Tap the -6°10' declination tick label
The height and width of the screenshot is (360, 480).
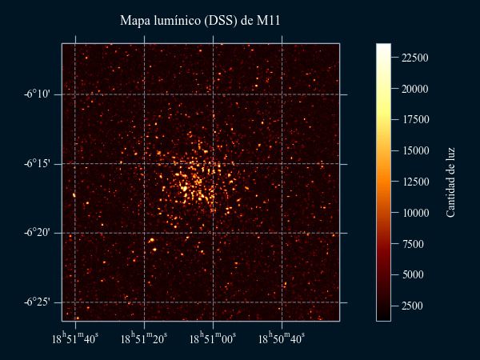tap(38, 94)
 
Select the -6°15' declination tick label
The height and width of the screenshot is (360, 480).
tap(38, 164)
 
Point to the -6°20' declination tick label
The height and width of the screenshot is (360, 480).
tap(38, 233)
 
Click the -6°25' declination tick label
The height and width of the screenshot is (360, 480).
tap(38, 302)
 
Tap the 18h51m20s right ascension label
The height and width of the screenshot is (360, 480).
tap(145, 339)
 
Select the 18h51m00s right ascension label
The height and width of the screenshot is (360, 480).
tap(214, 339)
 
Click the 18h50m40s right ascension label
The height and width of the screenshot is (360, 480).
tap(282, 339)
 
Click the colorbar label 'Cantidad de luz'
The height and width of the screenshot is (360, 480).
tap(450, 182)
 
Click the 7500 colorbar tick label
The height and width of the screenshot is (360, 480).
tap(413, 244)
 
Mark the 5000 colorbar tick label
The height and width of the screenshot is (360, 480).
tap(413, 274)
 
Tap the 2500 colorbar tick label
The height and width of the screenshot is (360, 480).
tap(413, 306)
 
